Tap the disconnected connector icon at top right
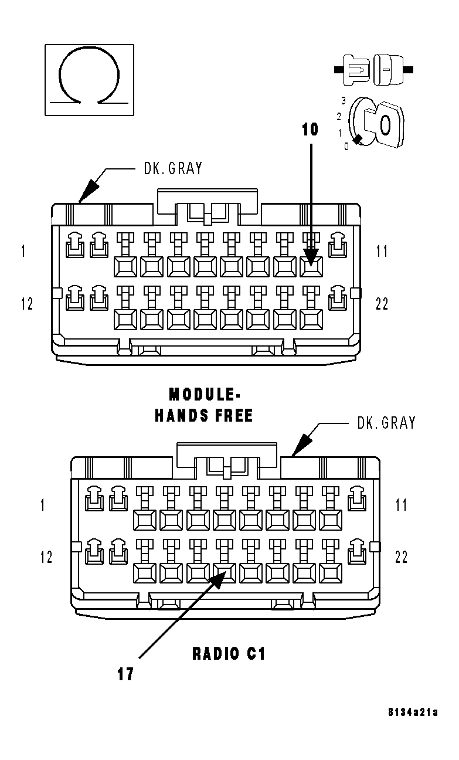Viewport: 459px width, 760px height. pos(373,69)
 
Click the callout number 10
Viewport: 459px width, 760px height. pos(310,130)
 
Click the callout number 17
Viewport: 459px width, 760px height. pos(125,674)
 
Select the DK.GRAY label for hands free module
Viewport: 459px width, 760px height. pos(173,168)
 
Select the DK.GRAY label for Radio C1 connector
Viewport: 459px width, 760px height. pos(386,422)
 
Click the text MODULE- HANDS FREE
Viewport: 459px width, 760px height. pos(203,405)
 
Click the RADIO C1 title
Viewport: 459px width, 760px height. pos(229,653)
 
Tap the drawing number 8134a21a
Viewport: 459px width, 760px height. pos(413,713)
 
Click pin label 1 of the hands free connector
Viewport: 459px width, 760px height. pos(23,252)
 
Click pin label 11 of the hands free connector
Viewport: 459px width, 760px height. pos(382,252)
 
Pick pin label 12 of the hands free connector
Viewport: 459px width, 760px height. pos(27,304)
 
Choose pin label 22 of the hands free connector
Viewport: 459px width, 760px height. pos(382,304)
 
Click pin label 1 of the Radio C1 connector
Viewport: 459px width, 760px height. pos(42,505)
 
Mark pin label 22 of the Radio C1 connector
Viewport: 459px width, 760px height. pos(401,557)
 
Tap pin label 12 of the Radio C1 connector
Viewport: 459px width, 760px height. pos(46,557)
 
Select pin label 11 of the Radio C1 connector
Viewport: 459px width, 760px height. pos(401,505)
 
